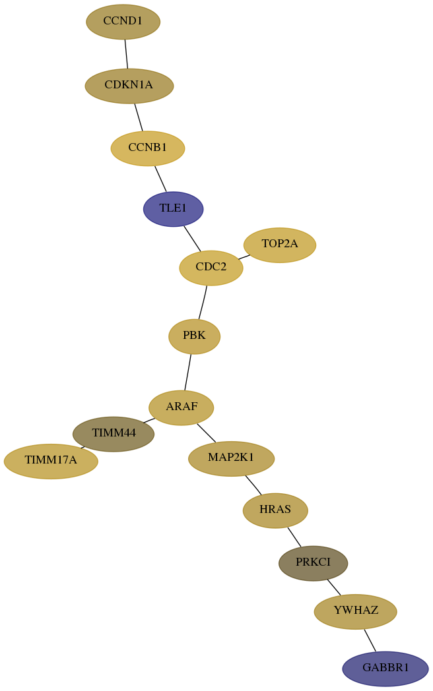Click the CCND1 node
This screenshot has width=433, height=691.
point(123,22)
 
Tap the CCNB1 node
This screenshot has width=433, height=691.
point(148,148)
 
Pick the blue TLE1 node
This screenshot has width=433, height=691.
point(174,209)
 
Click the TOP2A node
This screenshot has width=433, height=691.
point(280,245)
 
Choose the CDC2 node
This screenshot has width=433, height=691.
point(211,268)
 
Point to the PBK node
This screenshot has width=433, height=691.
point(194,337)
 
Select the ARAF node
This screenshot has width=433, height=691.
point(182,407)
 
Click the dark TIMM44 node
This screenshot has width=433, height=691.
point(114,434)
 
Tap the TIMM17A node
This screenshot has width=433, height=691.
point(51,462)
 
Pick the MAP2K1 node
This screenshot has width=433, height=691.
point(231,459)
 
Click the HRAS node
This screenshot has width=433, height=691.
point(275,510)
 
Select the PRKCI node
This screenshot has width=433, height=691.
point(314,563)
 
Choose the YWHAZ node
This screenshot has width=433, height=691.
point(356,612)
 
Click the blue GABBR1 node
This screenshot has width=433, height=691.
point(385,669)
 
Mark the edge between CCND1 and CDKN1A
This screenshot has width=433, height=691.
point(126,54)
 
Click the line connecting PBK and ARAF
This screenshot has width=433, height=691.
point(188,373)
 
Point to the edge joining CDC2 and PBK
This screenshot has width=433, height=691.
point(203,302)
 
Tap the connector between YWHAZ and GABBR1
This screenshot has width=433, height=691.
point(370,640)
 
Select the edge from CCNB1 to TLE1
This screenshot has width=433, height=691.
point(160,179)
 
